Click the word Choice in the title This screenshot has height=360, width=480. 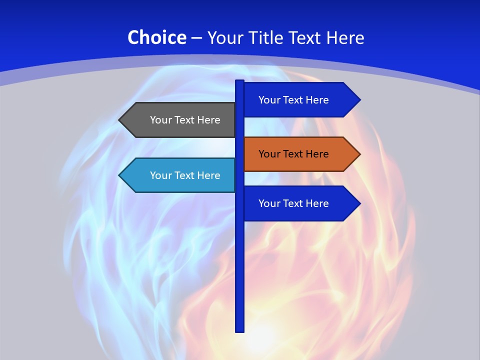pos(156,37)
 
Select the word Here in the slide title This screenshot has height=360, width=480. pos(345,37)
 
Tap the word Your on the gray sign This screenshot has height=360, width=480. pos(161,120)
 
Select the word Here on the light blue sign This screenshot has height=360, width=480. pos(208,175)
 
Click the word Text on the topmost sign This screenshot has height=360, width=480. pos(293,100)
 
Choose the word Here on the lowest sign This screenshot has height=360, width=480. pos(316,203)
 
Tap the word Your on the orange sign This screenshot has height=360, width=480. pos(269,154)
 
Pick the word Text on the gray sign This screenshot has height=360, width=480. pos(185,120)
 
